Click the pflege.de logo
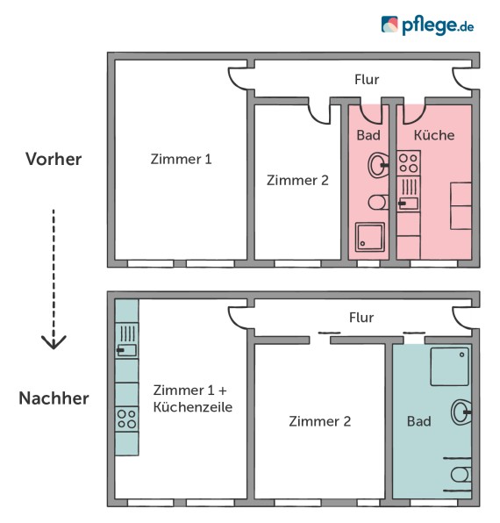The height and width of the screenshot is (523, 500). [427, 25]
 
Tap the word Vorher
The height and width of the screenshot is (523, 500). [54, 159]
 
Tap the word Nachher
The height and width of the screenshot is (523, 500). [54, 398]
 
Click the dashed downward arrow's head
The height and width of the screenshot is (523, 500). [54, 341]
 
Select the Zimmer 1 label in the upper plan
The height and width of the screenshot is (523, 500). [181, 159]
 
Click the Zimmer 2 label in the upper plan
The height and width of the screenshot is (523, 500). [296, 180]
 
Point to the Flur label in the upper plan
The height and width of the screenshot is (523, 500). [367, 80]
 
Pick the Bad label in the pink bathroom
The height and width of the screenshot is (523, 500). [368, 135]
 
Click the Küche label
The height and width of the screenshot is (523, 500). [433, 135]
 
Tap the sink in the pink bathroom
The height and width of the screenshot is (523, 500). [378, 163]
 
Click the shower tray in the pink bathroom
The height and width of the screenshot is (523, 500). [368, 236]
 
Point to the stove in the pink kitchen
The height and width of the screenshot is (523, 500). [408, 162]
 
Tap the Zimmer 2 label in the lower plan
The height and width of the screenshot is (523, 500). [319, 421]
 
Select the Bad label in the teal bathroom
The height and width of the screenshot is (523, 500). [419, 421]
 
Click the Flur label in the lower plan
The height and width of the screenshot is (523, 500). [361, 318]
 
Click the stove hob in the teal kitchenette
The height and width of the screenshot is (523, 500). [126, 418]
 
